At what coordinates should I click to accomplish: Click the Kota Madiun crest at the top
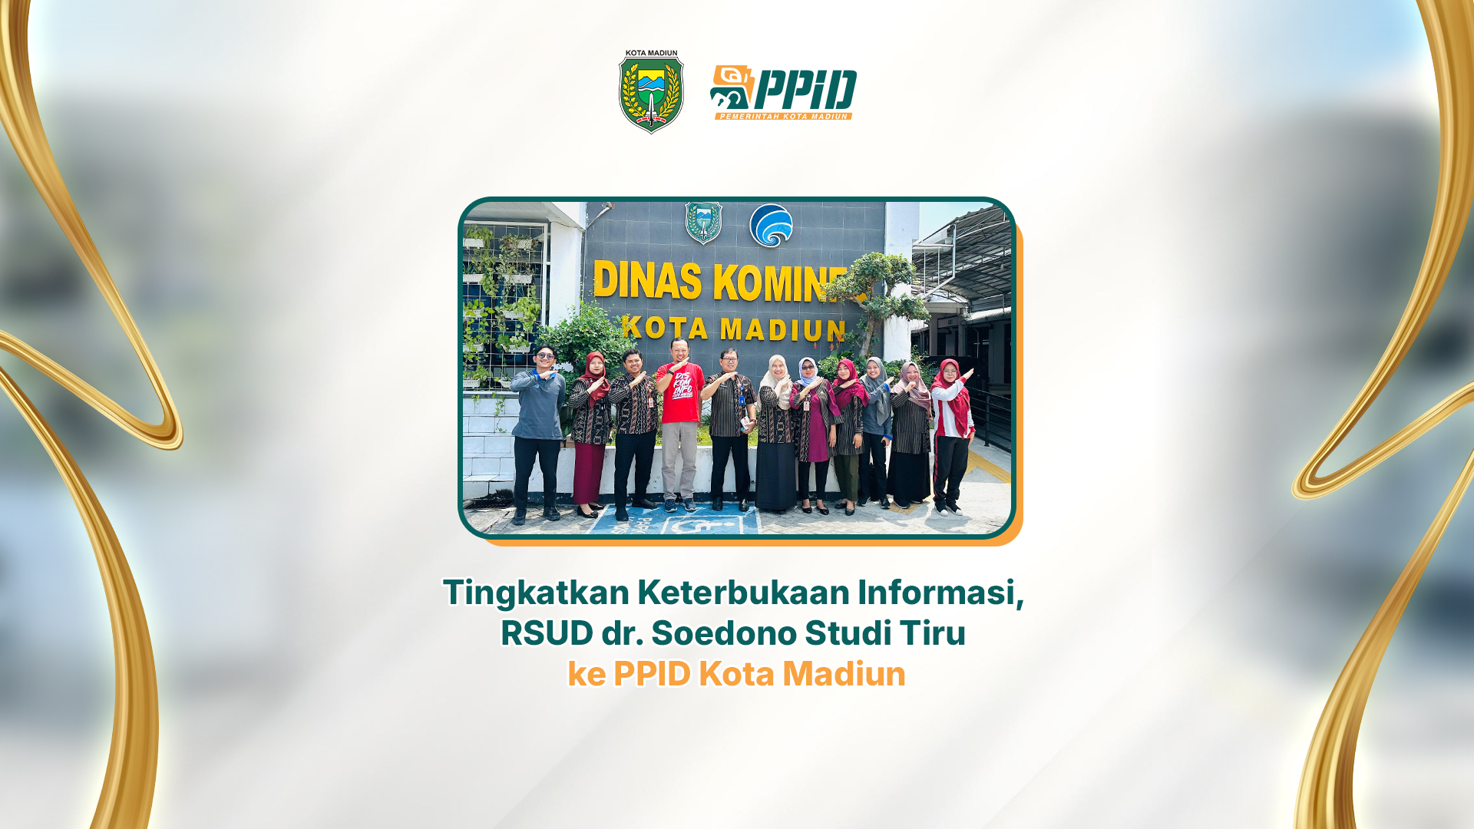[x=651, y=92]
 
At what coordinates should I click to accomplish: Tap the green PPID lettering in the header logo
[x=805, y=91]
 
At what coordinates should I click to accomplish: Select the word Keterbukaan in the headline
[x=743, y=593]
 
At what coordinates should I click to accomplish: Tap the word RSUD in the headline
[x=547, y=633]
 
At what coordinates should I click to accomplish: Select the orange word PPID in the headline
[x=652, y=674]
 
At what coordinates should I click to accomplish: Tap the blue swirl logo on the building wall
[x=771, y=226]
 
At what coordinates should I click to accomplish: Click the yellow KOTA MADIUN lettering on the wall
[x=734, y=329]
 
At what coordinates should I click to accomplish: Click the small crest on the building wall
[x=703, y=223]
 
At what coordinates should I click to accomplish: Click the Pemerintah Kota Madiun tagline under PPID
[x=784, y=117]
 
